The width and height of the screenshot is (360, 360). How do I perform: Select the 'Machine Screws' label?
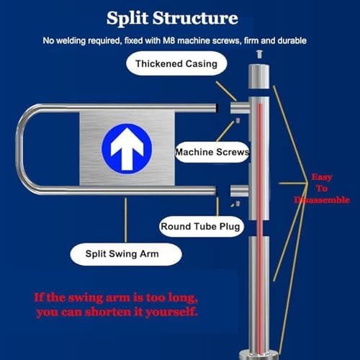tap(212, 153)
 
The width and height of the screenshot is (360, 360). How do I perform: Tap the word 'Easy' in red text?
tap(322, 176)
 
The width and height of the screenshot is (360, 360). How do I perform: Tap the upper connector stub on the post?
tap(238, 108)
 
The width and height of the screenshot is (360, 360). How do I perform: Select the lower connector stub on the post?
tap(238, 190)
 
